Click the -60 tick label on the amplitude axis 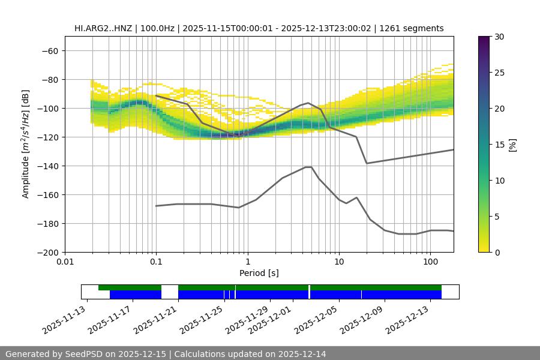click(x=50, y=50)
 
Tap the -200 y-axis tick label click(x=48, y=252)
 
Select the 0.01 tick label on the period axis click(x=65, y=262)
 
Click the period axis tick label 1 click(x=247, y=262)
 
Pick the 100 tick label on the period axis click(x=430, y=262)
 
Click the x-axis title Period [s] click(x=259, y=273)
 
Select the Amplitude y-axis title click(x=26, y=144)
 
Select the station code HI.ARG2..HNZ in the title click(x=103, y=28)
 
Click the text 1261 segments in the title click(x=413, y=28)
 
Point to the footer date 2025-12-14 click(x=302, y=354)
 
